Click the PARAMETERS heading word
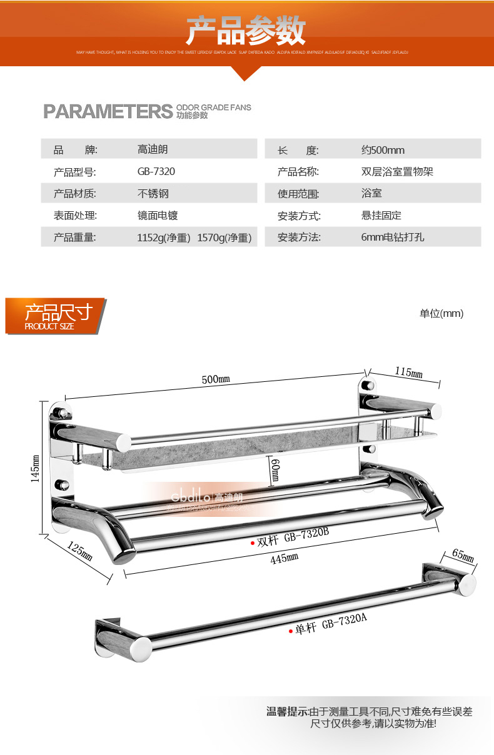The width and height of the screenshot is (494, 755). coord(107,111)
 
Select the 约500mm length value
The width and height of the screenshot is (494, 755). coord(383,150)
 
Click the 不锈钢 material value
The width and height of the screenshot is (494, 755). coord(153,194)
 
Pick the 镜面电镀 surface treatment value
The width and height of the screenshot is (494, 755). coord(158,216)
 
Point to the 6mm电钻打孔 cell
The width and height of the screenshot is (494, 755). coord(393,237)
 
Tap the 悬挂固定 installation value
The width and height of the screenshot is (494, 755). coord(381,216)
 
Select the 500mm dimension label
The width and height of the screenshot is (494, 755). coord(216,379)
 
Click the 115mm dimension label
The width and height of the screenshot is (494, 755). coord(408,372)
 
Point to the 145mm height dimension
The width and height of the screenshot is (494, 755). coord(36,467)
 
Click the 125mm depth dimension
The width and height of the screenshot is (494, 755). coord(79,552)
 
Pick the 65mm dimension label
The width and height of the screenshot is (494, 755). coord(463,555)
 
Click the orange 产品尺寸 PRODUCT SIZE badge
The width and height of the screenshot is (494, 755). coord(55,316)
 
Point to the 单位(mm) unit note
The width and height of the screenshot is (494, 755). coord(441,314)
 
